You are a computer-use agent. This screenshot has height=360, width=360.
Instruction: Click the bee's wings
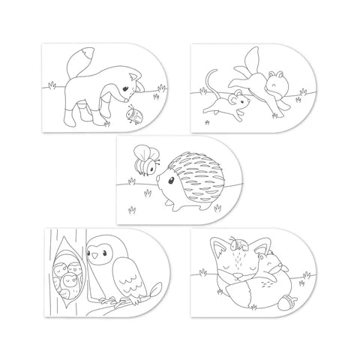tap(143, 151)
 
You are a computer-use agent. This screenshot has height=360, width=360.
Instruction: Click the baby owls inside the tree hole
tap(67, 277)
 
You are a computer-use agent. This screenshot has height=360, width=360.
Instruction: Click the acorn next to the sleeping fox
tap(289, 304)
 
